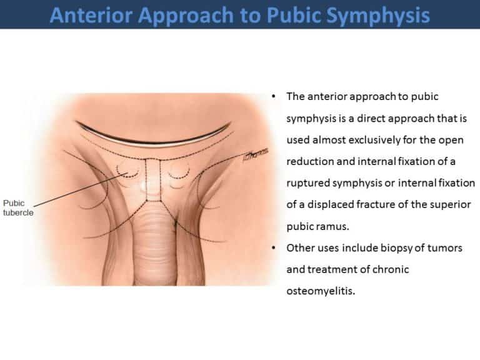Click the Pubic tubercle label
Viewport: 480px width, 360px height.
click(17, 207)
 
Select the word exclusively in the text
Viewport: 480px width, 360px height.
click(365, 140)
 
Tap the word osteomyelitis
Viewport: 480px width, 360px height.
click(321, 291)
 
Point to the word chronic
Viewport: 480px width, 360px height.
click(377, 269)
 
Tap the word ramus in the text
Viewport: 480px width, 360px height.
click(326, 226)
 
